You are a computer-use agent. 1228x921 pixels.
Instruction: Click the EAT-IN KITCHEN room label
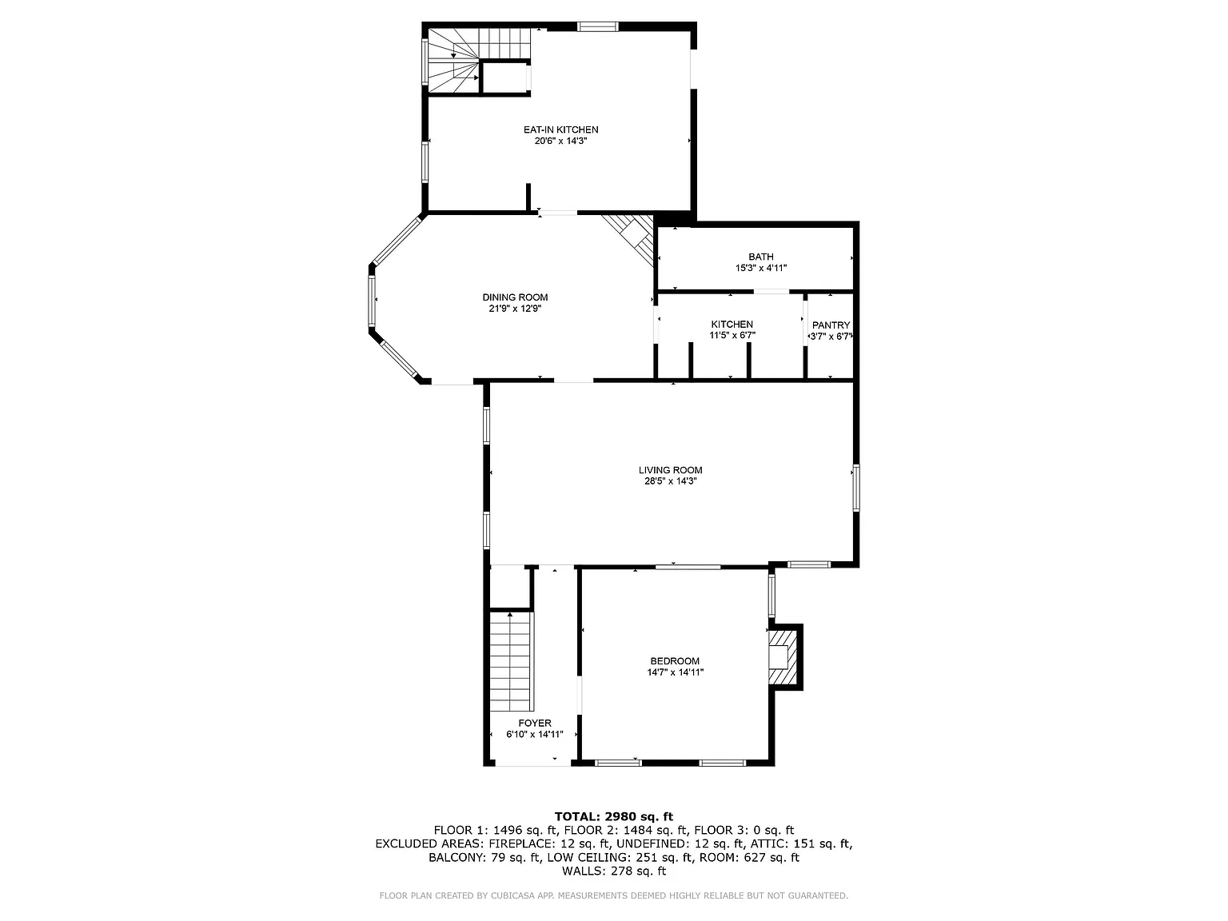[560, 130]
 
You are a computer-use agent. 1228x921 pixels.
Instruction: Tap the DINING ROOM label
[515, 297]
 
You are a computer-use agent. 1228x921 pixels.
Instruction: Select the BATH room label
[761, 257]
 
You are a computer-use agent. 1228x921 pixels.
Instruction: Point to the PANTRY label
[831, 325]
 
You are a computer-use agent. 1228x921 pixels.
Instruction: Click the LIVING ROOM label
[670, 470]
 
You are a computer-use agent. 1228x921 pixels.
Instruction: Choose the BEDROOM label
[675, 661]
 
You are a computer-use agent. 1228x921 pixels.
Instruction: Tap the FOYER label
[535, 723]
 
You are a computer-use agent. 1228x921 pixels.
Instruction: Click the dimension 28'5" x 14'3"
[670, 481]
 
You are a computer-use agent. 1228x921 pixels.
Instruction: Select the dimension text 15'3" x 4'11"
[761, 268]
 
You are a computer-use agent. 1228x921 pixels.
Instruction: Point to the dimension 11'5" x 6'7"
[732, 336]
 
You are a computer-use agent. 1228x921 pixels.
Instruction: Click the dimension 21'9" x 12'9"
[515, 308]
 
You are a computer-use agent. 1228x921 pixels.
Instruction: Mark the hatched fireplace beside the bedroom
[783, 658]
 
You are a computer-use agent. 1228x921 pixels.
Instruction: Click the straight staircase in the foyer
[512, 662]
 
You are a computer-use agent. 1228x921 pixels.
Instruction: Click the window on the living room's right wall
[856, 488]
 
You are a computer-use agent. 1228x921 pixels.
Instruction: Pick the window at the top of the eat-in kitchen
[598, 26]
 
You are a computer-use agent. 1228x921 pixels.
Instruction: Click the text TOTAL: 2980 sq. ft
[614, 816]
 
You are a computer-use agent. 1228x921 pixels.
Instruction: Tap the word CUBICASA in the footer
[512, 895]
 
